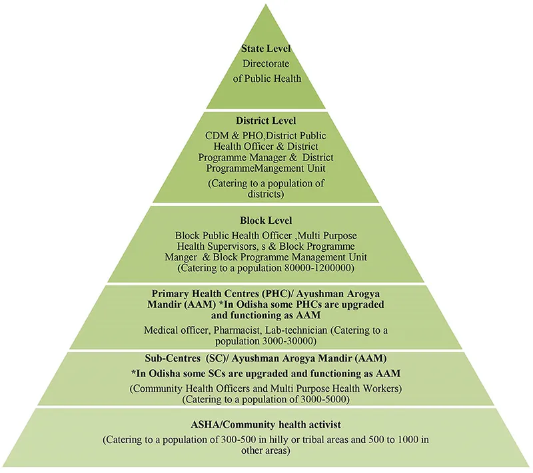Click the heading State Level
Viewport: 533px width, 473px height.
click(x=266, y=49)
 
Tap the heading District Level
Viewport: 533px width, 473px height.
click(x=266, y=121)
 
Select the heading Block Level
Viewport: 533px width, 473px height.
click(x=266, y=220)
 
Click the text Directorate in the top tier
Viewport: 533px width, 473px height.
click(x=266, y=64)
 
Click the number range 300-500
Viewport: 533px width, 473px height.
click(x=229, y=440)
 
